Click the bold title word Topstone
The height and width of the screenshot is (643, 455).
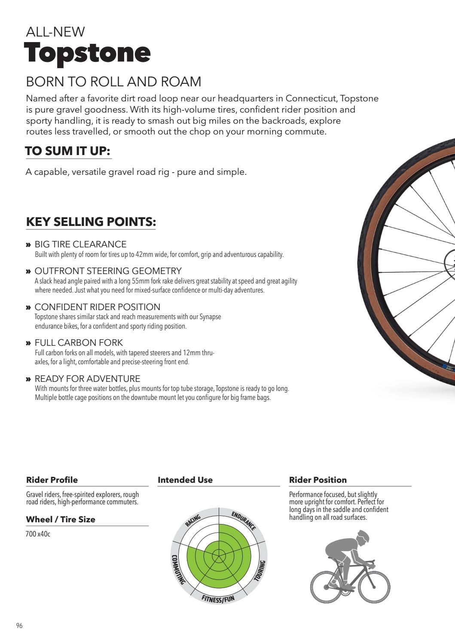[88, 53]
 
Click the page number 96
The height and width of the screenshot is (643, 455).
[19, 626]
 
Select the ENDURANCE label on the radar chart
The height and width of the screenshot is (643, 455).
[244, 521]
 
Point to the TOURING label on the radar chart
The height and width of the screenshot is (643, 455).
[260, 571]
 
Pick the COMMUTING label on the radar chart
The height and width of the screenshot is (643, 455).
[178, 570]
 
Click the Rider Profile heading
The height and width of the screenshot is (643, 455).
[52, 480]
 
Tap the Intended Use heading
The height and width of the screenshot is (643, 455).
[185, 480]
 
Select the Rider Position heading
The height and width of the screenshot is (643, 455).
[318, 480]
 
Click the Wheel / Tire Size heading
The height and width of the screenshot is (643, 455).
[61, 519]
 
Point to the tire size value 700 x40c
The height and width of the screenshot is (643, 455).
[38, 534]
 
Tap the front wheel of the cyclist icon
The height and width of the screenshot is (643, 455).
[374, 586]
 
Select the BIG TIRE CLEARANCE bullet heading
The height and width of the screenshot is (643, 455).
[80, 244]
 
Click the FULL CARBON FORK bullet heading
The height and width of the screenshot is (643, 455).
[79, 343]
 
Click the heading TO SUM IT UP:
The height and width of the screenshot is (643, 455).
[68, 151]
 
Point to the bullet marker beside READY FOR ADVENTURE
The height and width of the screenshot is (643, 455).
[28, 379]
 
